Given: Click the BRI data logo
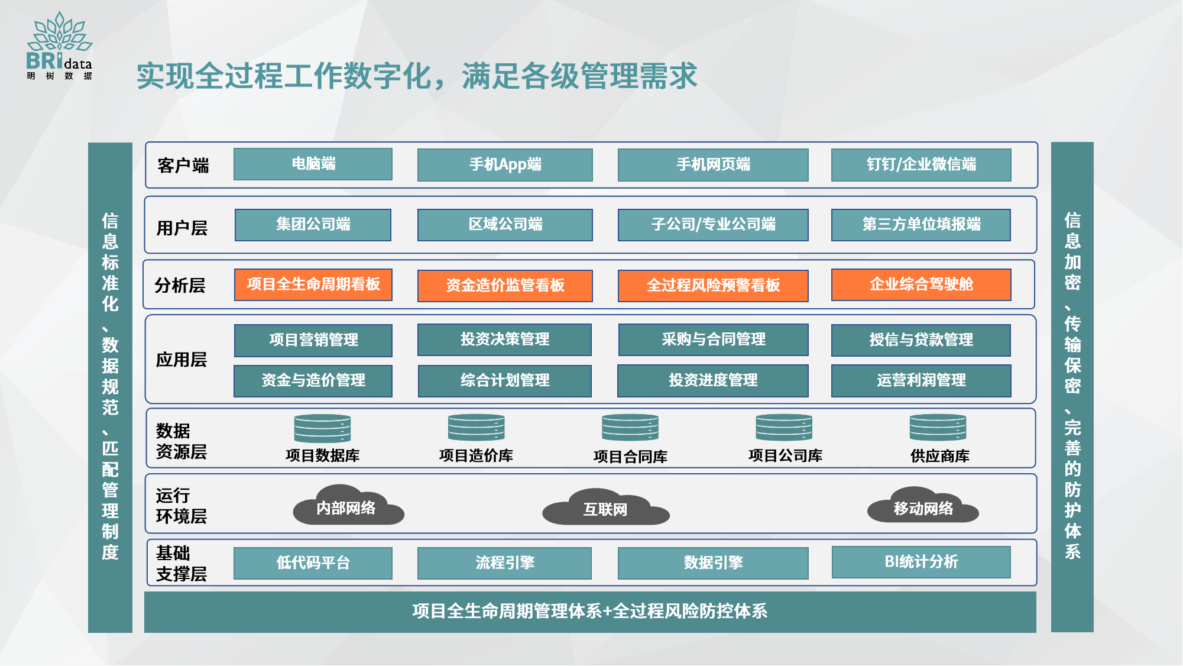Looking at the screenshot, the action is [x=59, y=46].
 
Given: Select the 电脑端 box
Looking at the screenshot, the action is [x=313, y=164].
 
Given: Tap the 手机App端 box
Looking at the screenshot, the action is [x=505, y=164].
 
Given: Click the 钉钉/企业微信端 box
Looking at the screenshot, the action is [x=921, y=164].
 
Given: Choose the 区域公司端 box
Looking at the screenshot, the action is [x=505, y=225].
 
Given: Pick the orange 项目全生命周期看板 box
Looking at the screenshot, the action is [x=313, y=284].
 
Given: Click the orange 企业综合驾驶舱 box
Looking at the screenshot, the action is [x=921, y=284].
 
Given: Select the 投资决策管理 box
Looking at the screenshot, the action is [x=505, y=340].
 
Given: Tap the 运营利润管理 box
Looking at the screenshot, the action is [x=921, y=380].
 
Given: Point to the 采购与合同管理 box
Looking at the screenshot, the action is [x=714, y=340].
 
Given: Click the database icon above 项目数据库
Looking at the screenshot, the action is [x=322, y=428].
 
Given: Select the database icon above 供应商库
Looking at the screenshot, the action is [x=938, y=428].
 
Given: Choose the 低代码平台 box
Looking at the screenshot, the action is [x=313, y=563].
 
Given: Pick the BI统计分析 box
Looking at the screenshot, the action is [x=921, y=562].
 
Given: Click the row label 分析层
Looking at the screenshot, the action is [x=180, y=286].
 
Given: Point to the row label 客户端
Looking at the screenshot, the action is [x=183, y=166].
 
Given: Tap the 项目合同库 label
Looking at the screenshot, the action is [x=630, y=457].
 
